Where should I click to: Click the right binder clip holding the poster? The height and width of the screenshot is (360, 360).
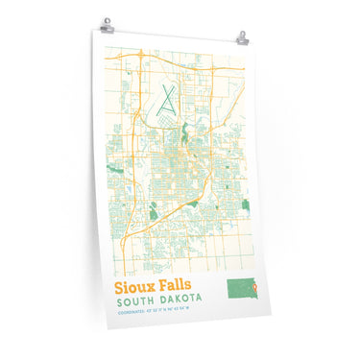(x=242, y=37)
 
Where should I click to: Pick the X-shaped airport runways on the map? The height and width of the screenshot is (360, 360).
(x=170, y=101)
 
